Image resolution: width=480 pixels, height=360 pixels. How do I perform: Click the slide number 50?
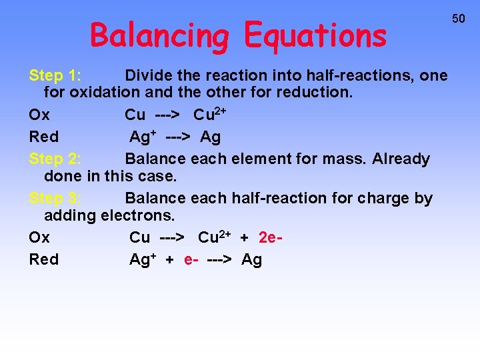[x=459, y=19]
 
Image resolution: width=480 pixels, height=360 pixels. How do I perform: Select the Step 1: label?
[x=55, y=75]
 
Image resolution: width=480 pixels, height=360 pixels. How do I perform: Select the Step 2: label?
[x=55, y=159]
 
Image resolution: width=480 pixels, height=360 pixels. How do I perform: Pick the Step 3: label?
[x=55, y=198]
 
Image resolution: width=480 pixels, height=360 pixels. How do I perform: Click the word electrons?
[x=137, y=215]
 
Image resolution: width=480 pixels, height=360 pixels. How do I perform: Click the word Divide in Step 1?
[x=149, y=75]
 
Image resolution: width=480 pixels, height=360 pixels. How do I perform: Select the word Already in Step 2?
[x=401, y=159]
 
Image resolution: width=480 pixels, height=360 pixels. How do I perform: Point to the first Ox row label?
[x=39, y=115]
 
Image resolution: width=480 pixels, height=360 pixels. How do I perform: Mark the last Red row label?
[x=44, y=259]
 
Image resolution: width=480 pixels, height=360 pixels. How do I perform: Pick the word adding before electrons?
[x=70, y=215]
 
